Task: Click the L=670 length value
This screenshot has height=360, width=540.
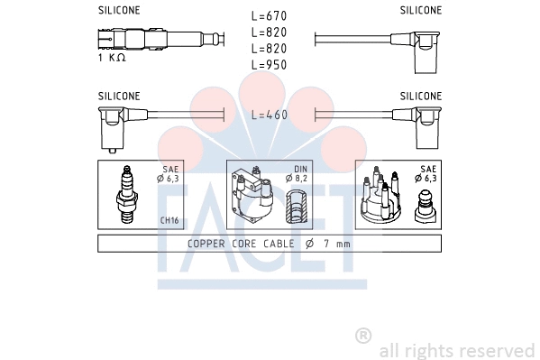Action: [270, 16]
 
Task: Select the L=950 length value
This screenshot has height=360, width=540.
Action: [270, 66]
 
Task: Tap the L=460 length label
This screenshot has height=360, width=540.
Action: [270, 115]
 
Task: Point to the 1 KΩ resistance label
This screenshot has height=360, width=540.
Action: [112, 58]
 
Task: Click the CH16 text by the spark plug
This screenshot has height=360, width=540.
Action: [169, 220]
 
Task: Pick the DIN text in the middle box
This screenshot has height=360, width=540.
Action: [300, 169]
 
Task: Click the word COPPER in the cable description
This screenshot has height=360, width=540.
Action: [208, 244]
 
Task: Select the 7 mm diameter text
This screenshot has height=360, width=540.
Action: [337, 244]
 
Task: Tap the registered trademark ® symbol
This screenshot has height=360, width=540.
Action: [363, 335]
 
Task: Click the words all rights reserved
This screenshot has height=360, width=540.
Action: [456, 350]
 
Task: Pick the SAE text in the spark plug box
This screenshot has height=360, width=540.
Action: [170, 169]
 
